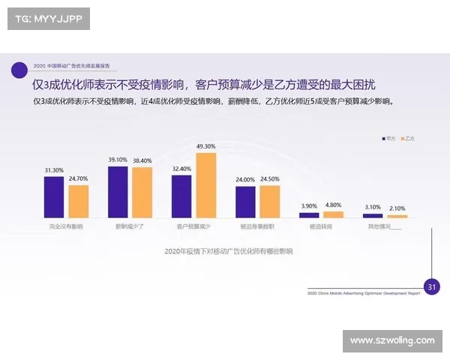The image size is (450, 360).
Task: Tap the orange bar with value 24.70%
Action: [x=78, y=201]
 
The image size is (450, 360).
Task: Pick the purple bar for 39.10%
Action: [x=118, y=191]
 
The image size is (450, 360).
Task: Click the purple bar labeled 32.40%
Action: [x=181, y=196]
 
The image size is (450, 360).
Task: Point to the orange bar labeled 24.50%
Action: [x=269, y=201]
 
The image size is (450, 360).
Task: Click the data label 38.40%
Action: [x=142, y=161]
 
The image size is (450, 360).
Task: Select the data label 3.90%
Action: [x=309, y=205]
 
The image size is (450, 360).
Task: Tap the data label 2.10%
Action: [x=397, y=208]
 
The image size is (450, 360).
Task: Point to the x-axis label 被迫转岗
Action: [x=321, y=226]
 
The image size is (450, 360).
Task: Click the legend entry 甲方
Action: [x=388, y=139]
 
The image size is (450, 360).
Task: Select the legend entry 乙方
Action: [x=408, y=139]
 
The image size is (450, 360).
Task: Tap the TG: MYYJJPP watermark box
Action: [x=47, y=19]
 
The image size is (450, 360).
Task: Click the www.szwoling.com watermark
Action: [x=392, y=341]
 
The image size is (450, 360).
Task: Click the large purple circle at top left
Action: [x=20, y=70]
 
